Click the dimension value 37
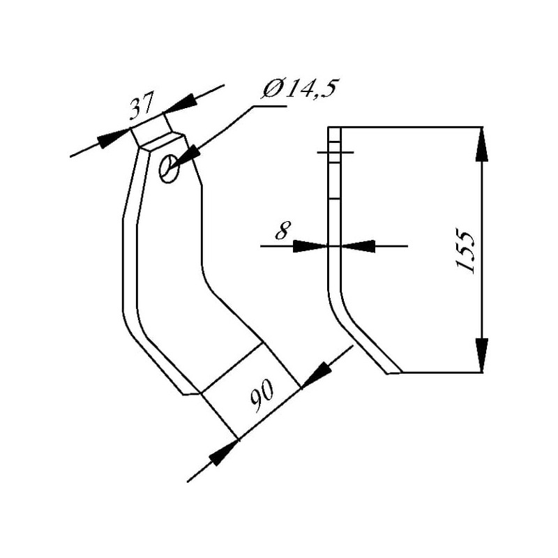pyautogui.click(x=142, y=105)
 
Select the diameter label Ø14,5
pyautogui.click(x=299, y=89)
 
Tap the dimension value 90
pyautogui.click(x=262, y=395)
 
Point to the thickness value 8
pyautogui.click(x=283, y=231)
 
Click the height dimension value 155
pyautogui.click(x=465, y=252)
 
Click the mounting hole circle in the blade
pyautogui.click(x=169, y=168)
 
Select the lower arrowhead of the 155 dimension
pyautogui.click(x=482, y=355)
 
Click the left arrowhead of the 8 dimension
pyautogui.click(x=310, y=246)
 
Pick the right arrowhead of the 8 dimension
pyautogui.click(x=358, y=246)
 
